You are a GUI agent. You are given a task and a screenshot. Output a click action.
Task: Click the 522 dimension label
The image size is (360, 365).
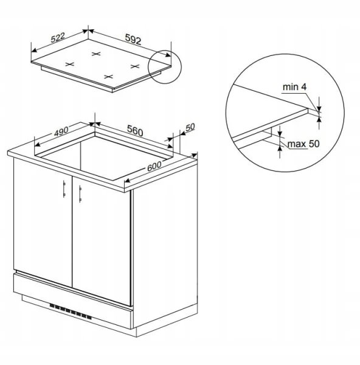point(58,38)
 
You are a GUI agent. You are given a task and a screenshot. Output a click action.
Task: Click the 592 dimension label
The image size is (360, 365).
point(133,39)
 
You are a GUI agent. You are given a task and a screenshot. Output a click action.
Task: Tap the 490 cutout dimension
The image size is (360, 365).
point(61,131)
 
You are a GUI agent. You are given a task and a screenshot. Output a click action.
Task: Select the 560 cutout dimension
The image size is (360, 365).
point(135,131)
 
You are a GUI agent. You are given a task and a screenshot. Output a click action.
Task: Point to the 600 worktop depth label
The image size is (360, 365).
point(154,166)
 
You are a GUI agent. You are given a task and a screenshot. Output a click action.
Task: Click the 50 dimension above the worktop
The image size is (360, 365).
point(190,127)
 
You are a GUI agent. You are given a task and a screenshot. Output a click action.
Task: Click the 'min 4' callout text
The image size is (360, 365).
point(294,87)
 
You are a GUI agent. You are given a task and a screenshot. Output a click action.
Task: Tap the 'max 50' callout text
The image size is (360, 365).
point(303,144)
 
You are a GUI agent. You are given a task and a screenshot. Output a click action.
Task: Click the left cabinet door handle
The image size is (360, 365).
point(64,189)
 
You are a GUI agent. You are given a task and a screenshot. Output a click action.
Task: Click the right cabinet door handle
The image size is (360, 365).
point(80,193)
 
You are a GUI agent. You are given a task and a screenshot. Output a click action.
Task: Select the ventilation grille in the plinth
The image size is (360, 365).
point(71,311)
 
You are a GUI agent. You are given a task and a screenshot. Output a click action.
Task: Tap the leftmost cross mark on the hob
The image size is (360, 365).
point(69,64)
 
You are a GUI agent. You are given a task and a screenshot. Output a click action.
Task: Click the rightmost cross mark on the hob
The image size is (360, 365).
point(135,66)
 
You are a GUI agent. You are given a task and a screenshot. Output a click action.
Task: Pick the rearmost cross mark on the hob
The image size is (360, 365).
point(96,54)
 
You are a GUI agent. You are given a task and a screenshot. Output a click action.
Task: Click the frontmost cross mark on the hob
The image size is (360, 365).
point(108,77)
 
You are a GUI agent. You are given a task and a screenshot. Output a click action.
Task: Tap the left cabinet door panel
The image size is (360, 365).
point(43,223)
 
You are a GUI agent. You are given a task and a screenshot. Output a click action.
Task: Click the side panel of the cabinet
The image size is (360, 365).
point(165,245)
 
